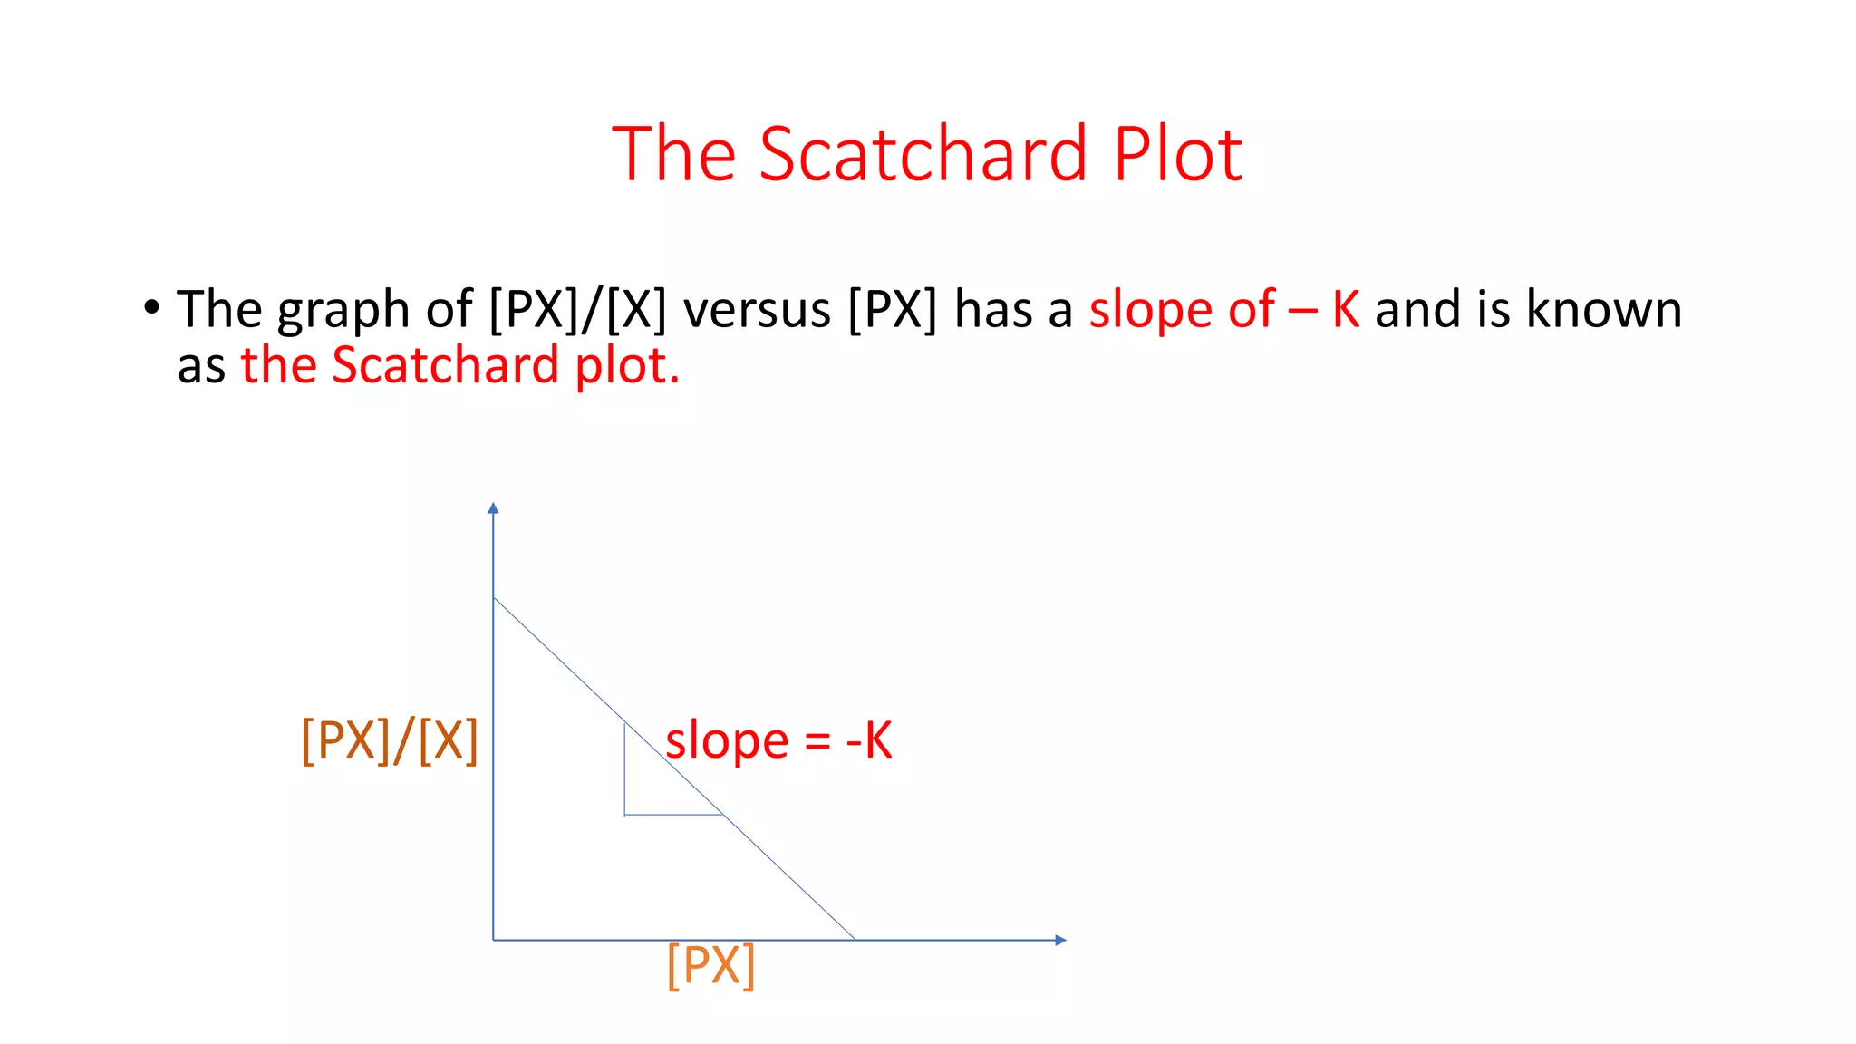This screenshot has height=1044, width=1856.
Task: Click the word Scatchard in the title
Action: point(922,154)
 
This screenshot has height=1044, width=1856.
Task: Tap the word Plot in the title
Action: point(1177,154)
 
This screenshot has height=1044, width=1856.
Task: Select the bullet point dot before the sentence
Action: point(151,307)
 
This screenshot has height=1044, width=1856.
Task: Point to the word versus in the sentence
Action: point(757,310)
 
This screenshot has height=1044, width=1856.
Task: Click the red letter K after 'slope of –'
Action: point(1345,309)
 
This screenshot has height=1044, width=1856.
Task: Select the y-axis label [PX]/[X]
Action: point(390,740)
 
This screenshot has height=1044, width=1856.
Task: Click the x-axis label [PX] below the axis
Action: point(710,966)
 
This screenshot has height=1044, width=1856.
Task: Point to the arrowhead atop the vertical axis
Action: point(493,507)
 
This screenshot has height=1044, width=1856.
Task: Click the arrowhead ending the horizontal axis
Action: point(1061,940)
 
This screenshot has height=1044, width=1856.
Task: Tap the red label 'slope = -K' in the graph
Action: point(778,740)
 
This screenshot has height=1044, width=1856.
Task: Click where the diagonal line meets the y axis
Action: point(493,597)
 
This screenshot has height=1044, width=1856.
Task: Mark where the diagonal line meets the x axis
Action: point(855,940)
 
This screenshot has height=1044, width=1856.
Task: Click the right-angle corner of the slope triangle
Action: point(624,815)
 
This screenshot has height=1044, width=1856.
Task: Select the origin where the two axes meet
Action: point(493,940)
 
